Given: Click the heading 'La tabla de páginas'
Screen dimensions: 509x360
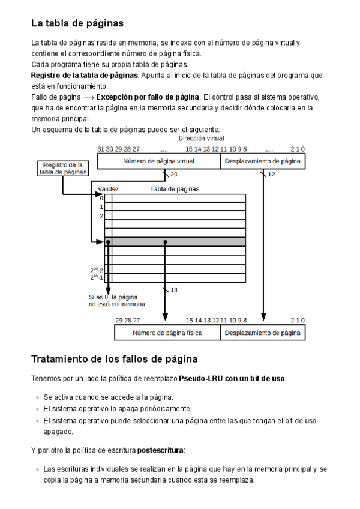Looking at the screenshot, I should [77, 23].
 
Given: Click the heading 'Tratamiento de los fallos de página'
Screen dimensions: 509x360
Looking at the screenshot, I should [114, 360].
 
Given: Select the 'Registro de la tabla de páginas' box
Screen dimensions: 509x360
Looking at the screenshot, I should [62, 168].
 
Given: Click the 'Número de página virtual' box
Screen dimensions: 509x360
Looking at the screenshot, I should [159, 161].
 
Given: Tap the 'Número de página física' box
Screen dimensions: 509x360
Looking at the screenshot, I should [167, 332].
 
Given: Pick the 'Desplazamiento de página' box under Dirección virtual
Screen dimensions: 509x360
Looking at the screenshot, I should [263, 161].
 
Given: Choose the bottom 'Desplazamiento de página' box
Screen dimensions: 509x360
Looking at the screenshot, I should [263, 332].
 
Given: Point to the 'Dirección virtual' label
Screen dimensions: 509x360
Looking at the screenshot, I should [202, 139].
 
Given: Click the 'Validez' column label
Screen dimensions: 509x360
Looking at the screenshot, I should [108, 189].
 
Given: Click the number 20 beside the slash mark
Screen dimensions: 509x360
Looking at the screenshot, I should [174, 175].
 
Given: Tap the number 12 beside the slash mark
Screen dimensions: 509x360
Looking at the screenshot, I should [271, 175].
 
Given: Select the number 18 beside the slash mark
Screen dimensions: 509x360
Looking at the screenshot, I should [174, 290].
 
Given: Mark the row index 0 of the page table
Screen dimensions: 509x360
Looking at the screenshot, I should [101, 198].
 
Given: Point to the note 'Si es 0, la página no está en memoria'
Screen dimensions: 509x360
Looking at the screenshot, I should [116, 300].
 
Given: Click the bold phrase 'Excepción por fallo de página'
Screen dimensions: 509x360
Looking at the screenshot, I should [148, 97].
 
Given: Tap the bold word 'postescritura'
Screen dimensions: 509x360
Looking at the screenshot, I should [161, 450].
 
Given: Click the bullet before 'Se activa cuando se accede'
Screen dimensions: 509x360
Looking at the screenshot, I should [38, 397].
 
